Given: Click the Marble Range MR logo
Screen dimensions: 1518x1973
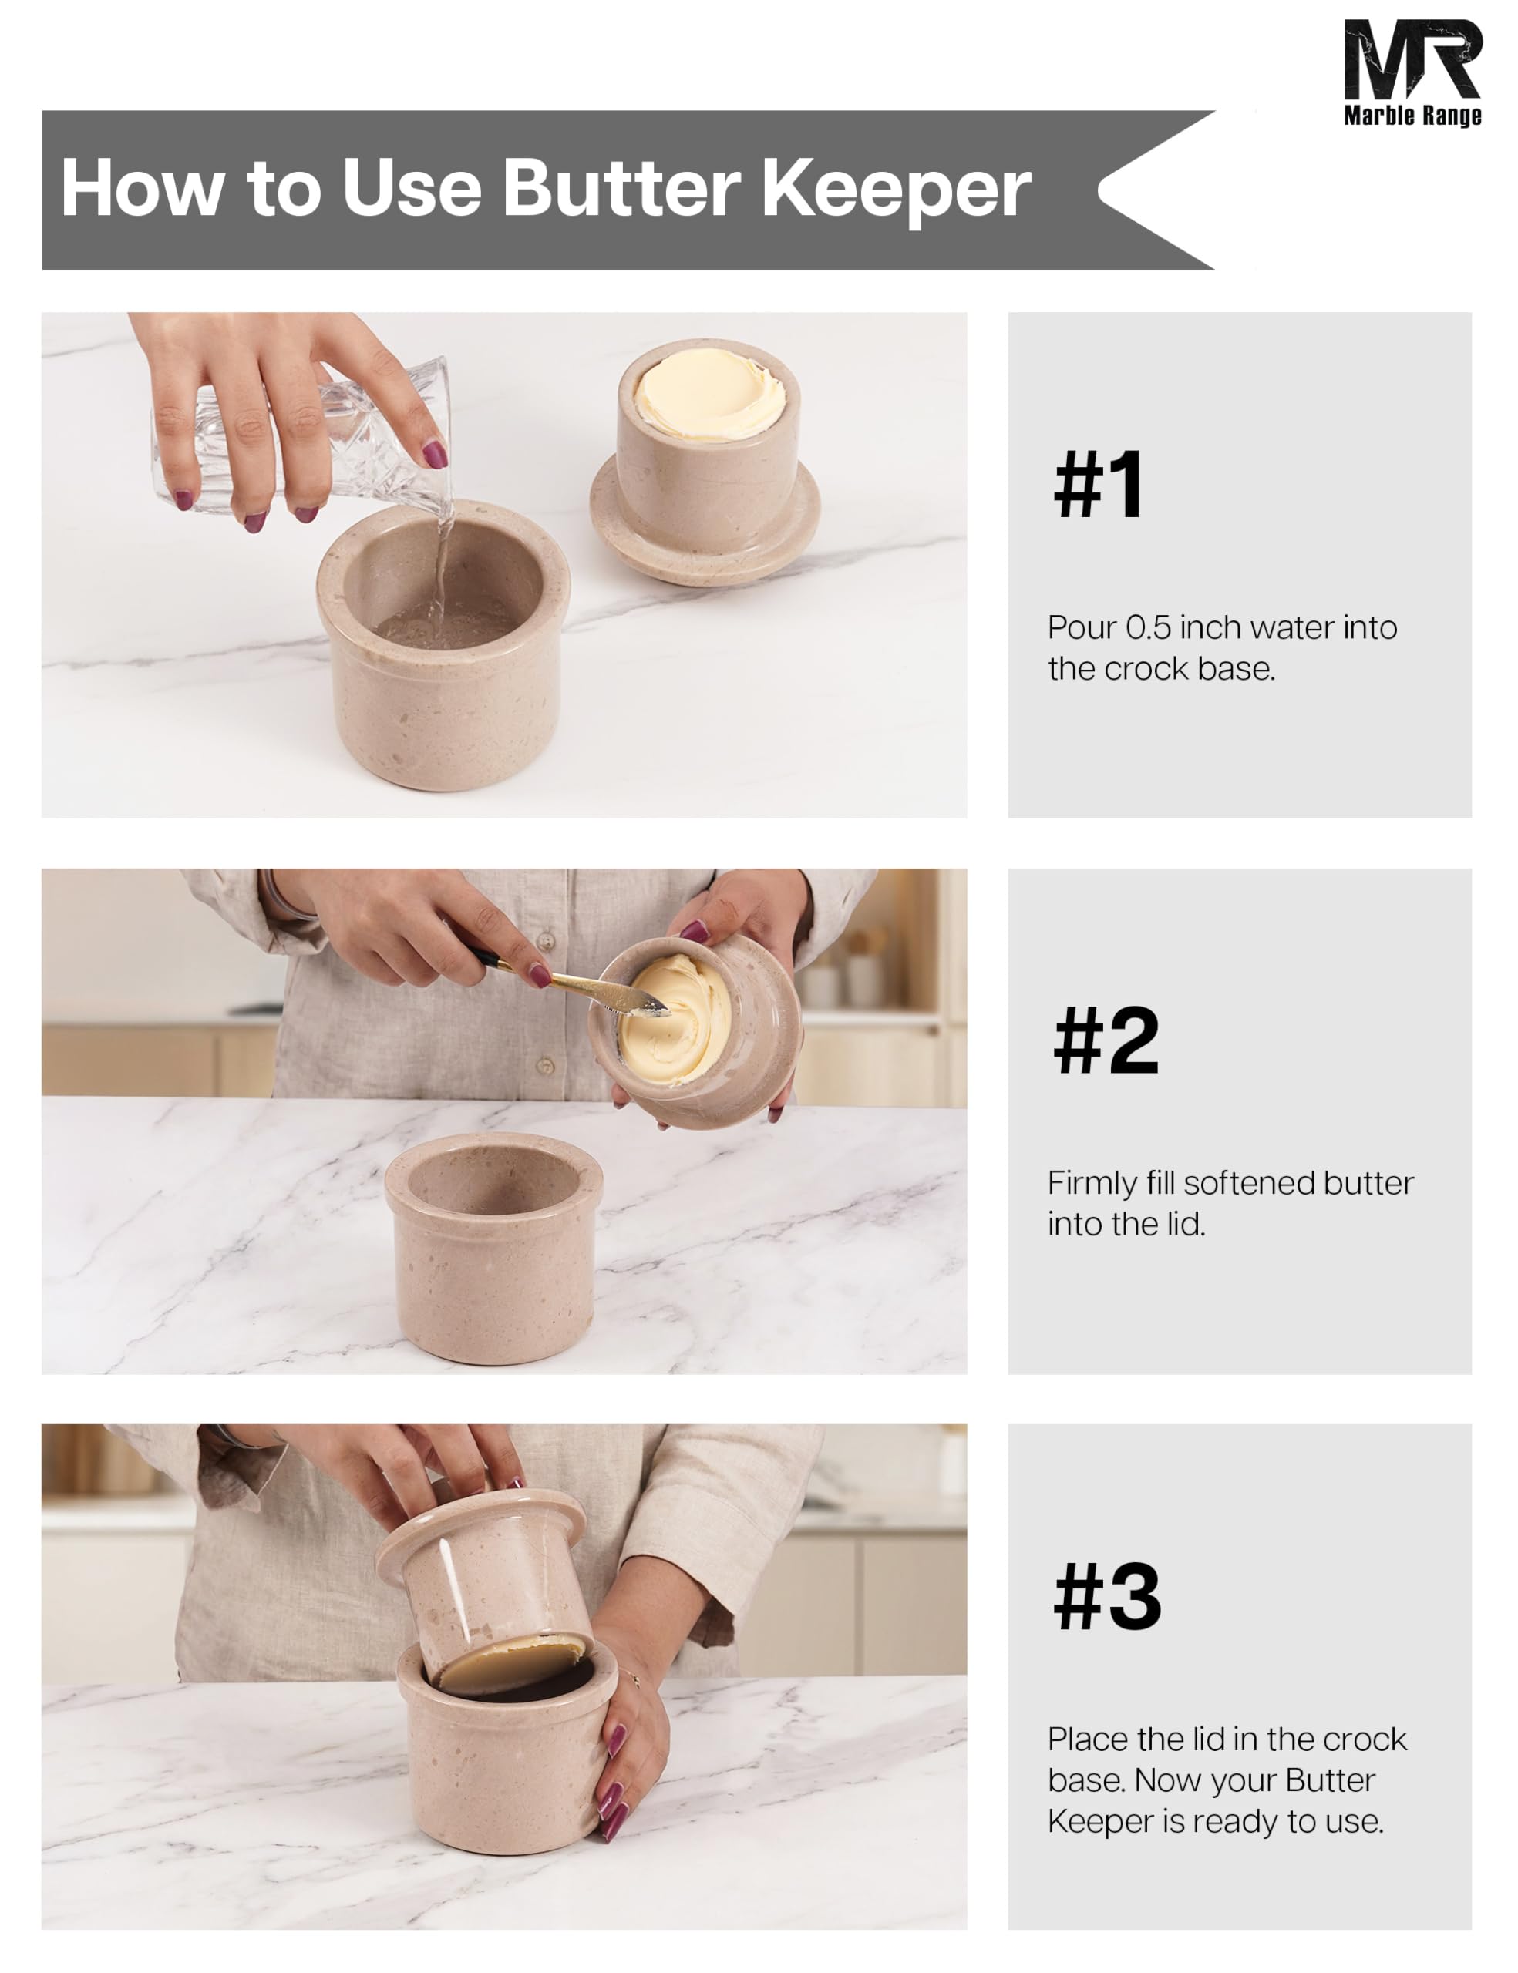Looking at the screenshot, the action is point(1412,72).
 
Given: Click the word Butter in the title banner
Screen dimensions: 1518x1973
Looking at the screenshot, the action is point(621,189).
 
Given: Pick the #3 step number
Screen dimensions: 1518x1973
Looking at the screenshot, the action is point(1107,1597).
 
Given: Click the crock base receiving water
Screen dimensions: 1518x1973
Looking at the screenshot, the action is point(443,645).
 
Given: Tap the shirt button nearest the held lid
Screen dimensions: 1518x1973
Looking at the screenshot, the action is point(546,1067).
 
